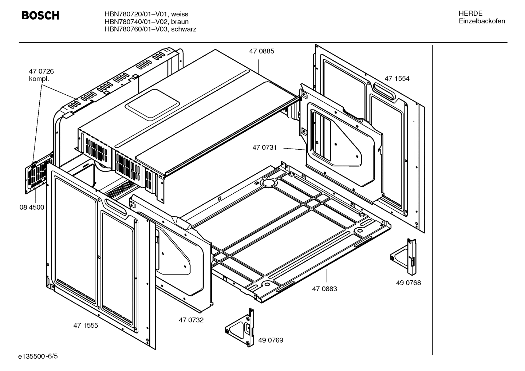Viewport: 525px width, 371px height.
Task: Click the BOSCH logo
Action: [x=40, y=16]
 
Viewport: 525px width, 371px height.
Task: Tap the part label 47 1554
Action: [x=397, y=79]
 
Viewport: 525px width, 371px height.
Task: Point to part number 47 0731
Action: [x=265, y=147]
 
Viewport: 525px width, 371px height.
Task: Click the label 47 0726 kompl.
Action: [x=41, y=75]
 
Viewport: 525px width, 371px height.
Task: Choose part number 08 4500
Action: [x=32, y=208]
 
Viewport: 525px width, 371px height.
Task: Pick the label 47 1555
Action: [x=86, y=325]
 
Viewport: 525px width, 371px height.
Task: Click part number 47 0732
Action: [x=191, y=320]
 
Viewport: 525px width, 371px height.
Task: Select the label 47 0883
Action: [x=324, y=289]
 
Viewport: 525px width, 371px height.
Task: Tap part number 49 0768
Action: [x=408, y=283]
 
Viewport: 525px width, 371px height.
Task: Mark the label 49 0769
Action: [x=271, y=340]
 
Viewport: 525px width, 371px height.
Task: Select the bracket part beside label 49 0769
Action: [x=241, y=327]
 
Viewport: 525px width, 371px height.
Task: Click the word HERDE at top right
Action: [x=470, y=13]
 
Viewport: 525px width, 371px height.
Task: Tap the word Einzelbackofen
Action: [x=482, y=21]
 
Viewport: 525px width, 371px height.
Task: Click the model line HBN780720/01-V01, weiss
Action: [x=146, y=14]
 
